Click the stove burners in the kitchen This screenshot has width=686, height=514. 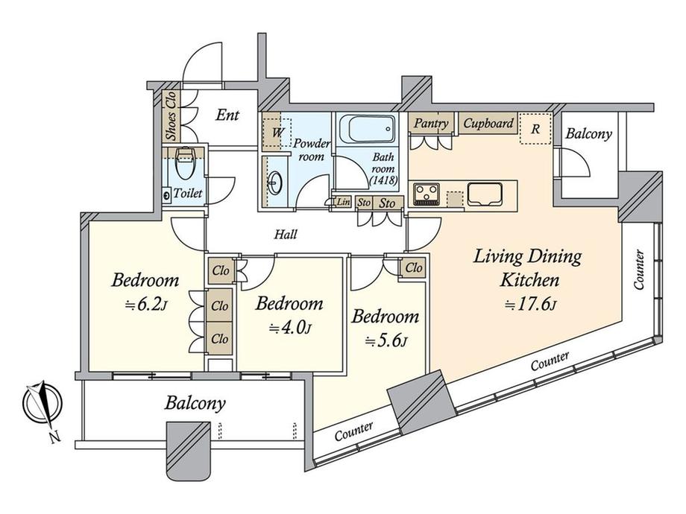click(427, 194)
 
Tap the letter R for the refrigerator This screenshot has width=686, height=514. click(535, 127)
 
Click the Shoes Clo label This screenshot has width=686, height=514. click(171, 117)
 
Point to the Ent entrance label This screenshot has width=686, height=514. click(227, 115)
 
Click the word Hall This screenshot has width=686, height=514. click(286, 234)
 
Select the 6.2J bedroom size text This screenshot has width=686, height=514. click(145, 305)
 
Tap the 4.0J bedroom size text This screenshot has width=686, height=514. click(289, 328)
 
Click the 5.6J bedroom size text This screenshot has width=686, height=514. click(385, 341)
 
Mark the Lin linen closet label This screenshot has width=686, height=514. click(343, 202)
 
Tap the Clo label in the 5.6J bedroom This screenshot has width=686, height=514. click(413, 267)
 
